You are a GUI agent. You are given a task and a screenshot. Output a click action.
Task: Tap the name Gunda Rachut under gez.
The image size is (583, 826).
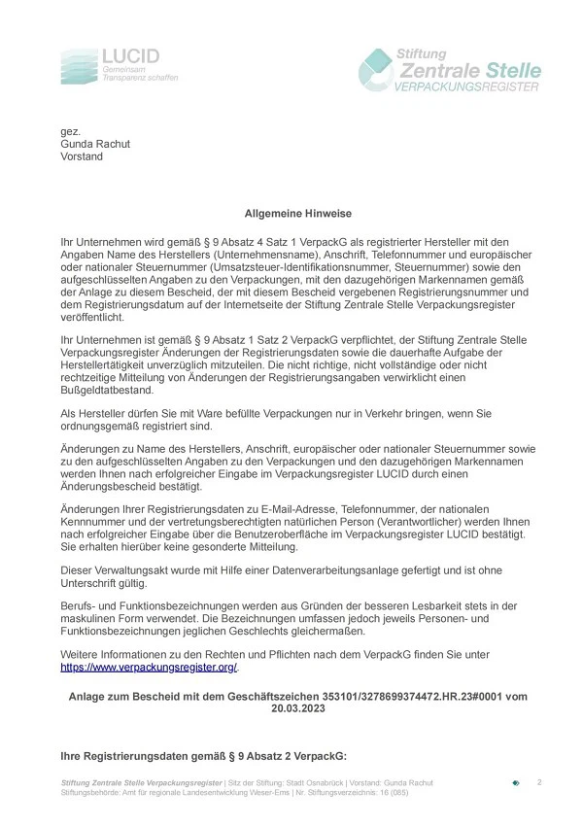tap(95, 144)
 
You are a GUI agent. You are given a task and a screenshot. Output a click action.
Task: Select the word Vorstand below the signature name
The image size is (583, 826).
tap(83, 156)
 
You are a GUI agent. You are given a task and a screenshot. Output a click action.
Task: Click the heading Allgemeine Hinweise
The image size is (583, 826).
tap(297, 213)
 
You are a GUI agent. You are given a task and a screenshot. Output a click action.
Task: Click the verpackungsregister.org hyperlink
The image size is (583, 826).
tap(150, 668)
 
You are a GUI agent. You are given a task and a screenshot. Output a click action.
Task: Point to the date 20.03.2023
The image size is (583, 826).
tap(298, 709)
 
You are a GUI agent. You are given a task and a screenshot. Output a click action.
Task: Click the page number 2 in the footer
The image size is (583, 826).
tap(539, 782)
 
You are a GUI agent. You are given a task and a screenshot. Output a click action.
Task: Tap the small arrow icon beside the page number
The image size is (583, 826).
tap(516, 782)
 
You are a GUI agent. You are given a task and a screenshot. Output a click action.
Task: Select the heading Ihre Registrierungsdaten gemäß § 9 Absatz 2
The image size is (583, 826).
tap(203, 755)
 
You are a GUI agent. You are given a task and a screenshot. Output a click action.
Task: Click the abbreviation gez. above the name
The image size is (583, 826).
tap(70, 131)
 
